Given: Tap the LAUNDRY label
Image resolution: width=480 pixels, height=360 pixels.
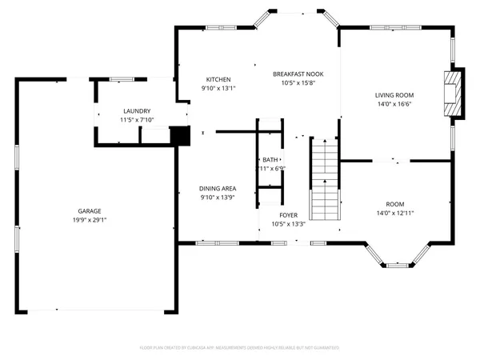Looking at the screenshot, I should pyautogui.click(x=136, y=111).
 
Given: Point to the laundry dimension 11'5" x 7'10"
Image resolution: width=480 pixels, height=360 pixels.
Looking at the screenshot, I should pyautogui.click(x=136, y=119).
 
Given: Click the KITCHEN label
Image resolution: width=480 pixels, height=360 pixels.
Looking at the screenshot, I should pyautogui.click(x=218, y=80).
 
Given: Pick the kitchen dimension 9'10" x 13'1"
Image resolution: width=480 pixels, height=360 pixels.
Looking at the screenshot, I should pyautogui.click(x=218, y=88).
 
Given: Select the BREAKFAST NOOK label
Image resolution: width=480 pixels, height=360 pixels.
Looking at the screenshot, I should pyautogui.click(x=298, y=74).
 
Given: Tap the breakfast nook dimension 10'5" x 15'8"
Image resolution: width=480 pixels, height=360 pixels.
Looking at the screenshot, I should pyautogui.click(x=298, y=82).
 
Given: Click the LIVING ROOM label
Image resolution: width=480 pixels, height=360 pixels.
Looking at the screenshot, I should pyautogui.click(x=395, y=95).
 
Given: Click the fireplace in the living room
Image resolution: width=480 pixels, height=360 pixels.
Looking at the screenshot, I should pyautogui.click(x=454, y=93).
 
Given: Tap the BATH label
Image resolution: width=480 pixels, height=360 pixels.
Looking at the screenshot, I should pyautogui.click(x=270, y=160).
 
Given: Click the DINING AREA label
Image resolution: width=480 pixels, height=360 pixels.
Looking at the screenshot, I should pyautogui.click(x=218, y=188).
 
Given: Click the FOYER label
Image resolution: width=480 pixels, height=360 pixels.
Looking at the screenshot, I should pyautogui.click(x=288, y=215).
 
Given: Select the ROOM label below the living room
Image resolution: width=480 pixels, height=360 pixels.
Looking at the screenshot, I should pyautogui.click(x=395, y=205).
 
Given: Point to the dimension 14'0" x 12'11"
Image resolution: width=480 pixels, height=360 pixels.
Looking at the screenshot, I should pyautogui.click(x=395, y=213).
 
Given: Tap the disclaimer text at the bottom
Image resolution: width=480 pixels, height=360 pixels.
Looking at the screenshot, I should pyautogui.click(x=239, y=348).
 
